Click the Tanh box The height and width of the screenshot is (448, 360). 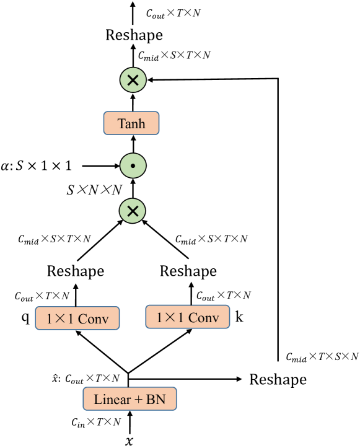pos(131,123)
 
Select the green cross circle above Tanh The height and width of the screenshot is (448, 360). pos(133,80)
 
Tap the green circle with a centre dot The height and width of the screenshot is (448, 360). pos(133,166)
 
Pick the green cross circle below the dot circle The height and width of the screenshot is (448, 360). pos(132,211)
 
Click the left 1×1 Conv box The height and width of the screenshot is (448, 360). pos(77,318)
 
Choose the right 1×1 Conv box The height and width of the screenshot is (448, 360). pos(187,317)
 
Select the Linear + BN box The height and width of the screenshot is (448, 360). pos(130,399)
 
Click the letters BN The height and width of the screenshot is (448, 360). pos(156,400)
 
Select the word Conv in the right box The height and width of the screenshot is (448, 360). pos(203,318)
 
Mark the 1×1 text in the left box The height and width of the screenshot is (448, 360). pos(59,319)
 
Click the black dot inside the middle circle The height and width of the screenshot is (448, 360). pos(133,167)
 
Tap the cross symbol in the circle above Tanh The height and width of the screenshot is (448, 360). pos(133,80)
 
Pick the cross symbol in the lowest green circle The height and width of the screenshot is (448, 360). pos(132,211)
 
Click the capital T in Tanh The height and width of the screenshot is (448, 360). pos(121,123)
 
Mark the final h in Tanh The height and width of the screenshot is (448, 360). pos(142,123)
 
